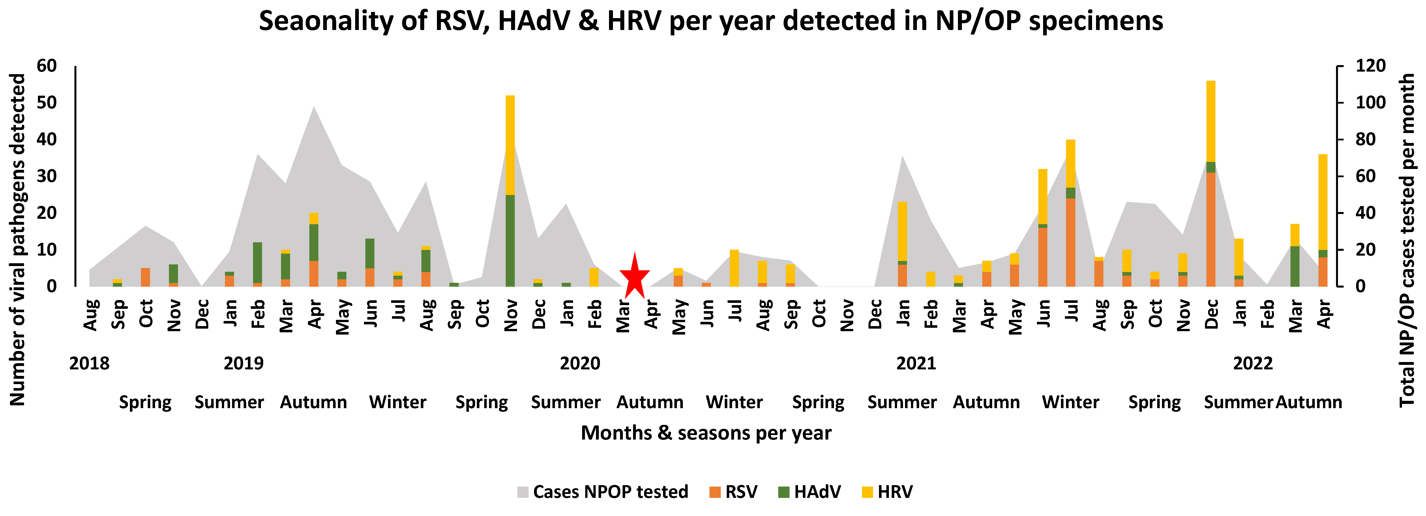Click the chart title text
point(711,21)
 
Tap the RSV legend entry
point(734,492)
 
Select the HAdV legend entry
point(810,492)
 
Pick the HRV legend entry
point(887,492)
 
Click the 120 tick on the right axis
point(1370,66)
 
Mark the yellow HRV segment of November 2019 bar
point(510,145)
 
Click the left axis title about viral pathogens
point(18,239)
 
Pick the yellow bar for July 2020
point(734,268)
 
